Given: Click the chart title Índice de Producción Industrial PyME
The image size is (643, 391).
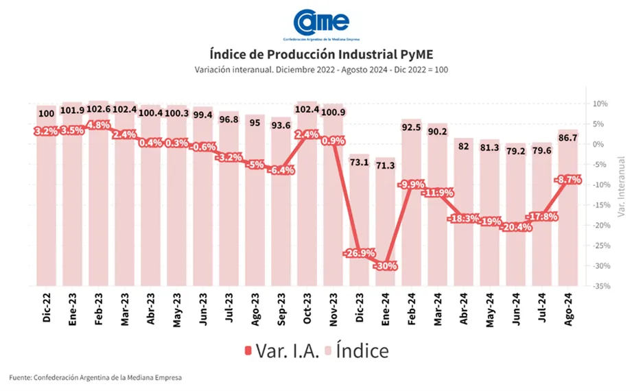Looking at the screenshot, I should coord(320,54).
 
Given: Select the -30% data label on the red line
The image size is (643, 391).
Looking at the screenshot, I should coord(386,266).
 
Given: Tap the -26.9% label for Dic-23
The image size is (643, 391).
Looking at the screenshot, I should coord(360,254).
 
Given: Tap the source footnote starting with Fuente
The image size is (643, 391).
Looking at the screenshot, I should coord(95,377).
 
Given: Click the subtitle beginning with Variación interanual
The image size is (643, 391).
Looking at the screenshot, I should coord(320,70).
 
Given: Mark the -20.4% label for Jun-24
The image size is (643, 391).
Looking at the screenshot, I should coord(515,227).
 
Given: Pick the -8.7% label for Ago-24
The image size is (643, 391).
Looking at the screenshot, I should coord(568,180).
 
